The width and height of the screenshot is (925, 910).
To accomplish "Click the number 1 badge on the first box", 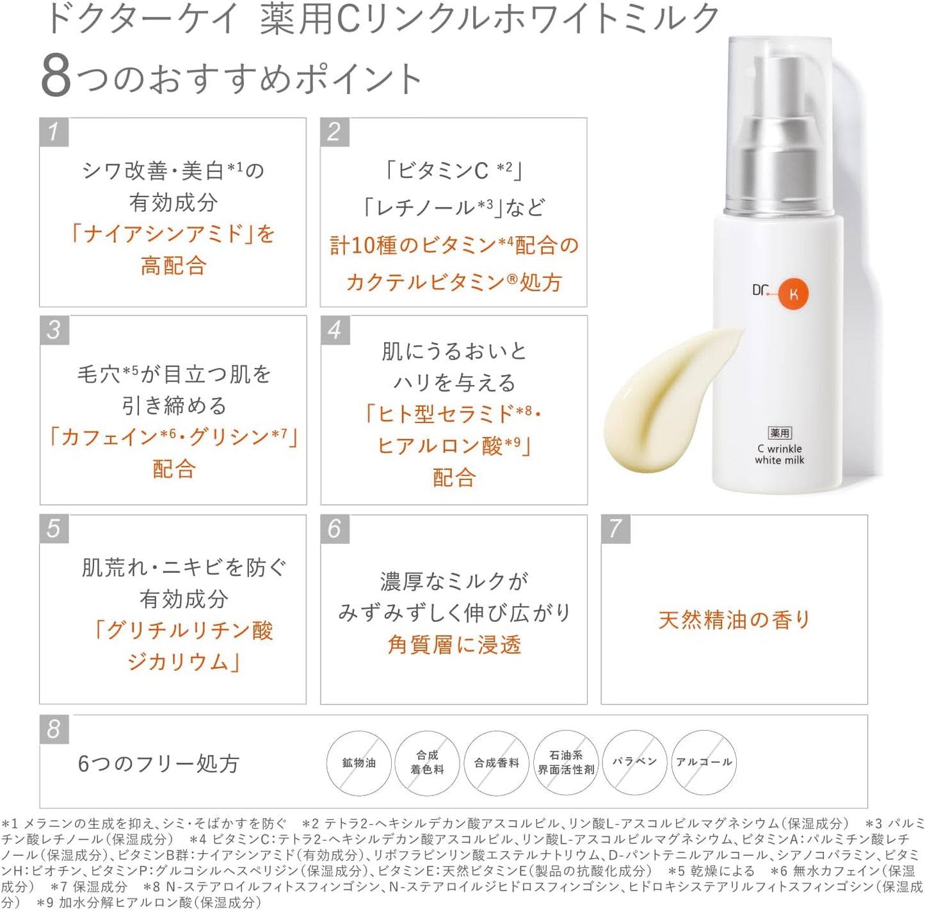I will pos(54,132).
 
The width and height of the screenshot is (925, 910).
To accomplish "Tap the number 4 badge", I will pos(335,330).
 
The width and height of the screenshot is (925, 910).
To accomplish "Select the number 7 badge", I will pos(615,529).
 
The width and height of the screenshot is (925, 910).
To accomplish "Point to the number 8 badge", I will pos(54,729).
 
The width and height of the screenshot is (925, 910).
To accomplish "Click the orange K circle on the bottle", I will pos(794,294).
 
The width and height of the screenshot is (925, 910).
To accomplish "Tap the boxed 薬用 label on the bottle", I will pos(780,433).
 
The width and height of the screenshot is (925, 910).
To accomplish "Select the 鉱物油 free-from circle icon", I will pos(358,763).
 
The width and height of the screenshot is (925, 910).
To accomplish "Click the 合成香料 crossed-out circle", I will pos(496,763).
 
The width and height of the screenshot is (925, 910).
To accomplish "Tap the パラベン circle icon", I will pos(634,762).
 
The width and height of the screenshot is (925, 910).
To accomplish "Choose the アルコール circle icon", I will pos(704,762).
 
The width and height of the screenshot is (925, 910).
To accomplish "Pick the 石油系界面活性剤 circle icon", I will pos(566,763).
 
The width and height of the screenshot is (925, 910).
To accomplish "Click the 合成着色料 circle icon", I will pos(427,763).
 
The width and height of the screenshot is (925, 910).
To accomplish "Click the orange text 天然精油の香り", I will pos(734,619).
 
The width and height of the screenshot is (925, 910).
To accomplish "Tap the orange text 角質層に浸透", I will pos(454,644).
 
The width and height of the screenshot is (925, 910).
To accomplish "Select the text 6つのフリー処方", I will pos(158,763).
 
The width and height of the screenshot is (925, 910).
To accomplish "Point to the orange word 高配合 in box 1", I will pos(173,265).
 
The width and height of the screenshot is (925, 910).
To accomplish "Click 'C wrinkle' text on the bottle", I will pos(779,449).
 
